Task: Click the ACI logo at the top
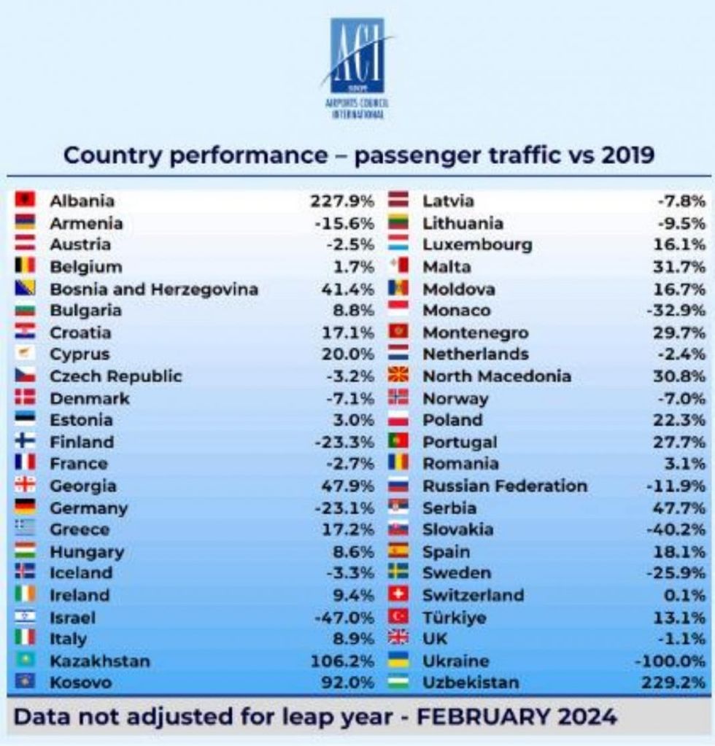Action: [357, 66]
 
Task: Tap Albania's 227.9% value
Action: [342, 201]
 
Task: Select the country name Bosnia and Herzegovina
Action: [154, 289]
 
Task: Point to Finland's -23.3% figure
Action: [344, 442]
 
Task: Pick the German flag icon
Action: [25, 508]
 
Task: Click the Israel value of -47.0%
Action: [344, 618]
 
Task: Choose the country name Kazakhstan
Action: [100, 661]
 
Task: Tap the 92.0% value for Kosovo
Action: [348, 683]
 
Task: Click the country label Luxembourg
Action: [477, 245]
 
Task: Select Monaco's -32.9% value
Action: [676, 311]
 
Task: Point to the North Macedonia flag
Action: [398, 376]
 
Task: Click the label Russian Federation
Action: [505, 486]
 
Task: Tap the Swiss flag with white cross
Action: [398, 595]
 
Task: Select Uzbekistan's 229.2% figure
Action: [675, 683]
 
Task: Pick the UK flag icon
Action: [398, 639]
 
